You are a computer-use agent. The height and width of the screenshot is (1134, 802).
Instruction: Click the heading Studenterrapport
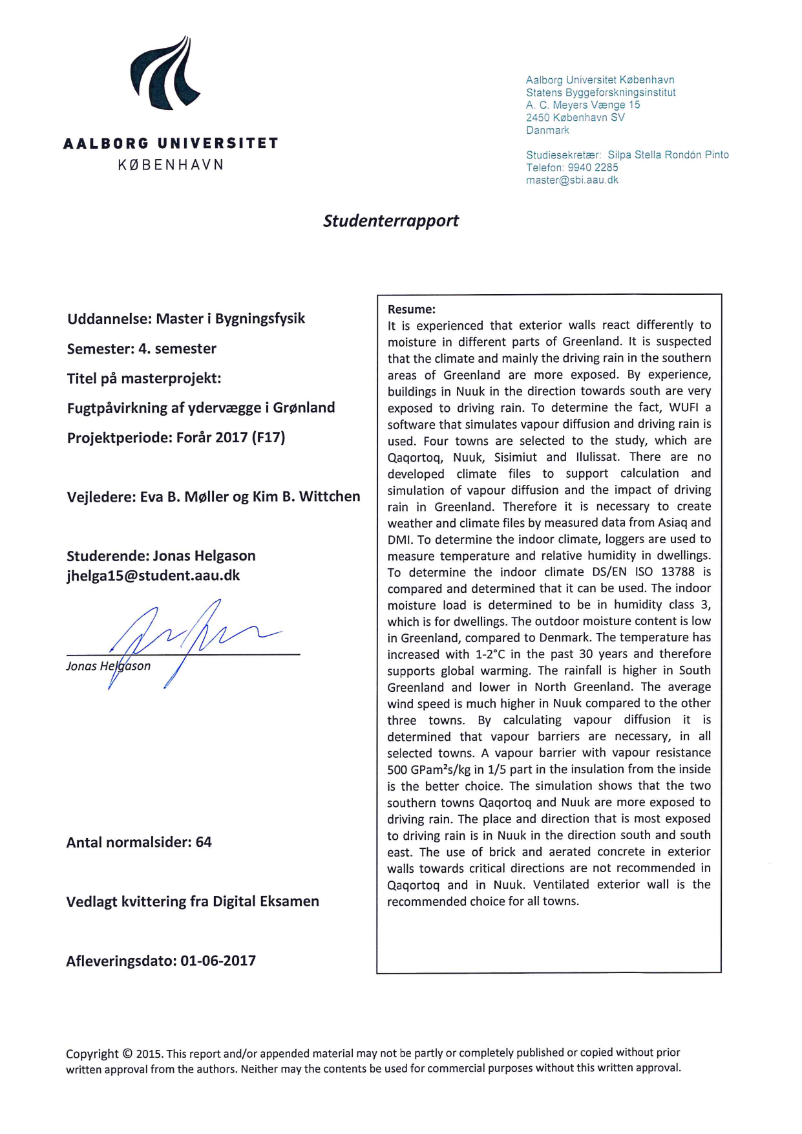click(x=390, y=220)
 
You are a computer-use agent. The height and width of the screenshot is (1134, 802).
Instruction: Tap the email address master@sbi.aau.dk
click(x=572, y=180)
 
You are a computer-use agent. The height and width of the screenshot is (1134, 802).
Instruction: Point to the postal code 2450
click(x=537, y=118)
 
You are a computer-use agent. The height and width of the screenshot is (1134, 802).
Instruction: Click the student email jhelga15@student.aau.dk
click(x=153, y=575)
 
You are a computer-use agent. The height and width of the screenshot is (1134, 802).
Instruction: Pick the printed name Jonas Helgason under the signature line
click(x=108, y=666)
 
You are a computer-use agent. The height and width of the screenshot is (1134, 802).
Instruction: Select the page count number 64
click(x=204, y=842)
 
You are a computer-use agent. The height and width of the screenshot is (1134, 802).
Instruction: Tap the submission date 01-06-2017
click(x=218, y=961)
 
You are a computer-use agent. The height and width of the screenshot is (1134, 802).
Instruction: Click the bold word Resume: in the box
click(x=412, y=310)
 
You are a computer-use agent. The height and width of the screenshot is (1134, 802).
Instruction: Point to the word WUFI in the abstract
click(x=684, y=407)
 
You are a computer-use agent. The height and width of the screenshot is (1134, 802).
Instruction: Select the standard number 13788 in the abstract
click(x=677, y=572)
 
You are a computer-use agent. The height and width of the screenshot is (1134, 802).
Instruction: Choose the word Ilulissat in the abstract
click(x=597, y=457)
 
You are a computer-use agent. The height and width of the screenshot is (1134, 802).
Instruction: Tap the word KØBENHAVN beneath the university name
click(x=171, y=165)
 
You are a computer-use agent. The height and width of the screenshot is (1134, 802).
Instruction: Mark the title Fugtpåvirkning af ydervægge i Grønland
click(x=201, y=408)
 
